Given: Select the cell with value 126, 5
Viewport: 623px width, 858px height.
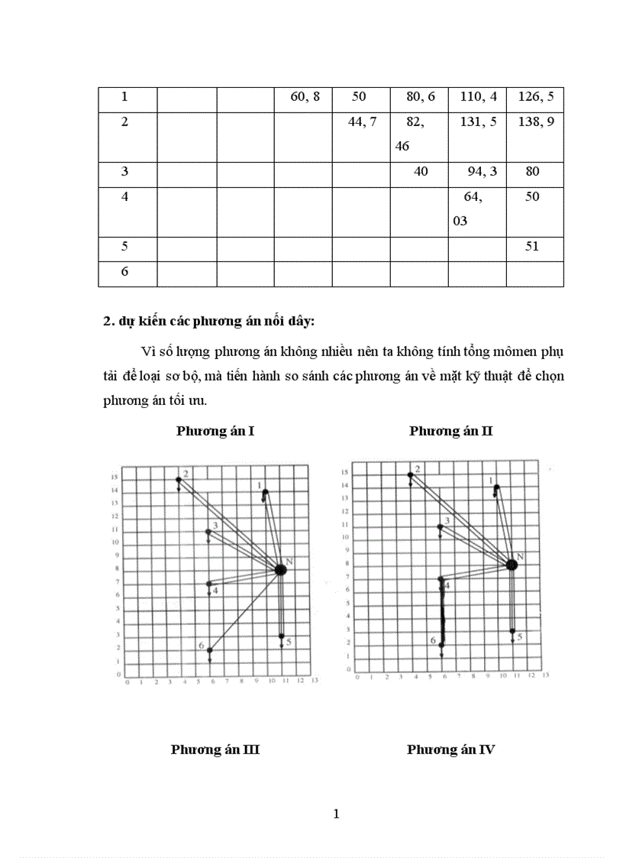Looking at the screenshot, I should pyautogui.click(x=535, y=97).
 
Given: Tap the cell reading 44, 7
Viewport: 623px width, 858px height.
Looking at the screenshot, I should pyautogui.click(x=361, y=122).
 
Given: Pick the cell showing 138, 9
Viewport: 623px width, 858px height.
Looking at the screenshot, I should pyautogui.click(x=535, y=122).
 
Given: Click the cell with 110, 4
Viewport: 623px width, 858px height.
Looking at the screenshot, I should pyautogui.click(x=478, y=97).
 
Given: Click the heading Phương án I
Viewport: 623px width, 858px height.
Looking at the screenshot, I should pyautogui.click(x=215, y=432).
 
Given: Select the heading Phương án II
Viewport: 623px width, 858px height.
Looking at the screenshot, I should pyautogui.click(x=450, y=432).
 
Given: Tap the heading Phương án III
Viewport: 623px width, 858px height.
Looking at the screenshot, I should pyautogui.click(x=215, y=750).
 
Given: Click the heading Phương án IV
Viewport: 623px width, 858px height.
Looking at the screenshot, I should pyautogui.click(x=450, y=750).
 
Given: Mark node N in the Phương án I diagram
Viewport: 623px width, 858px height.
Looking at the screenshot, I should pyautogui.click(x=280, y=569).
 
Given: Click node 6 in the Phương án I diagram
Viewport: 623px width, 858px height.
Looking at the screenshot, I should pyautogui.click(x=209, y=650).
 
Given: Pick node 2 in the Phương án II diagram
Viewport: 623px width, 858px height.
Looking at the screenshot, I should pyautogui.click(x=410, y=474).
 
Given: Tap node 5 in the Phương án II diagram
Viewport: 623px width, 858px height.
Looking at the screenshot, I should pyautogui.click(x=512, y=631).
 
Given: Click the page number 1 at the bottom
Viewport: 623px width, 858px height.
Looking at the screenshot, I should pyautogui.click(x=336, y=814).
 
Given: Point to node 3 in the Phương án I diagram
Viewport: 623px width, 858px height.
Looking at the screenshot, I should pyautogui.click(x=208, y=531).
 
